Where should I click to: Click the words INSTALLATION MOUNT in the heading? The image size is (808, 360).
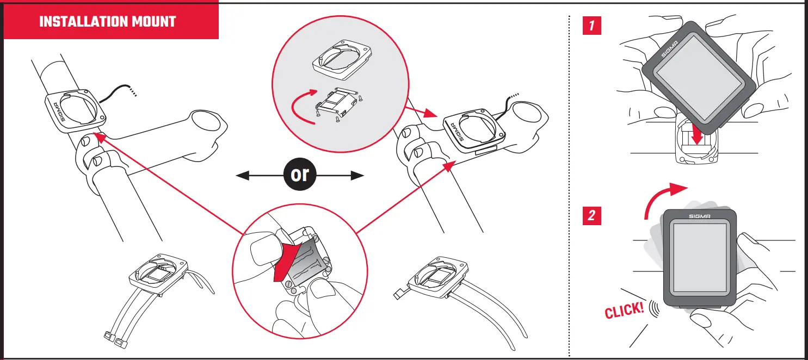tap(108, 22)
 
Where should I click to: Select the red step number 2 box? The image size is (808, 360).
tap(591, 216)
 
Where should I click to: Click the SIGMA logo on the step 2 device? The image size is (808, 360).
tap(699, 216)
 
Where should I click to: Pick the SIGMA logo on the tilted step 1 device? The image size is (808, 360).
tap(668, 50)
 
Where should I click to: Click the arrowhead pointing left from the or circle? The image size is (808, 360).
tap(243, 175)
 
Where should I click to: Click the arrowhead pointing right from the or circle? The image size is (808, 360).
tap(356, 175)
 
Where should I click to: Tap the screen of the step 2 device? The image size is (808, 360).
tap(699, 258)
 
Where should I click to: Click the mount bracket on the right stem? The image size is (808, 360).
tap(468, 131)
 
